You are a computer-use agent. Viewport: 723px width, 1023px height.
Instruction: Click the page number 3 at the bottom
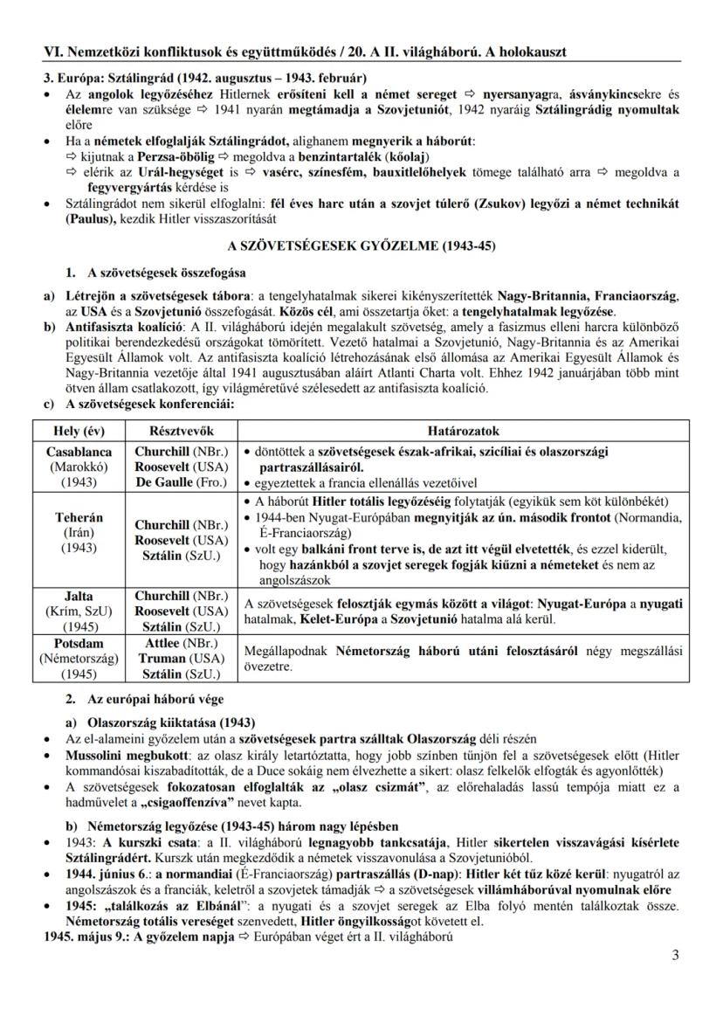tap(675, 954)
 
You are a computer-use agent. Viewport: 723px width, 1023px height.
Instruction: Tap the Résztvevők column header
tap(181, 432)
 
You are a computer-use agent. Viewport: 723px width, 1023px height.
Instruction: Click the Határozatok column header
tap(463, 432)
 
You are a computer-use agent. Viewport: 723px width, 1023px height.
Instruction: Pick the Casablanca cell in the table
tap(79, 452)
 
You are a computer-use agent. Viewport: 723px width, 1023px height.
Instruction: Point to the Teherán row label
tap(79, 517)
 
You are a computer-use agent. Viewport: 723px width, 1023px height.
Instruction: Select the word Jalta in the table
tap(79, 596)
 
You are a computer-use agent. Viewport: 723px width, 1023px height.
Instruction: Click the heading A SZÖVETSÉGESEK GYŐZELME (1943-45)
tap(361, 246)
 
